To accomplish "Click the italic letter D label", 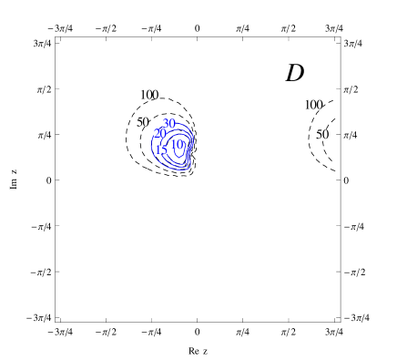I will coord(295,73).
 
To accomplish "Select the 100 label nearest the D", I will coord(312,105).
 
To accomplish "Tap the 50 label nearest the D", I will coord(322,135).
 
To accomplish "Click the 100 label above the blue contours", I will coord(148,95).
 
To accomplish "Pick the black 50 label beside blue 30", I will coord(143,122).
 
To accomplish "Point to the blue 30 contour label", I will coord(168,123).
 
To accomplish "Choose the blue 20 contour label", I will coord(159,133).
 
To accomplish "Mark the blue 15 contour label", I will coord(160,149).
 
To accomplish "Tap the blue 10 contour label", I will coord(176,144).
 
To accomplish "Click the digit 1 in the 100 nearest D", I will coord(306,105).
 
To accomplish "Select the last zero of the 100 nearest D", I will coord(319,105).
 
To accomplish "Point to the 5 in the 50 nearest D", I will coord(320,135).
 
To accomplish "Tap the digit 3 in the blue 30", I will coord(166,123).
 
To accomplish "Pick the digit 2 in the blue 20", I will coord(157,133).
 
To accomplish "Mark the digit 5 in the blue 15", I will coord(163,149).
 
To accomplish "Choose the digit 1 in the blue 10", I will coord(172,144).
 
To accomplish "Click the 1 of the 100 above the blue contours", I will coord(142,95).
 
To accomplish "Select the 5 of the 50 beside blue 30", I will coord(139,122).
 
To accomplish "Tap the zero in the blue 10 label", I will coord(179,144).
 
